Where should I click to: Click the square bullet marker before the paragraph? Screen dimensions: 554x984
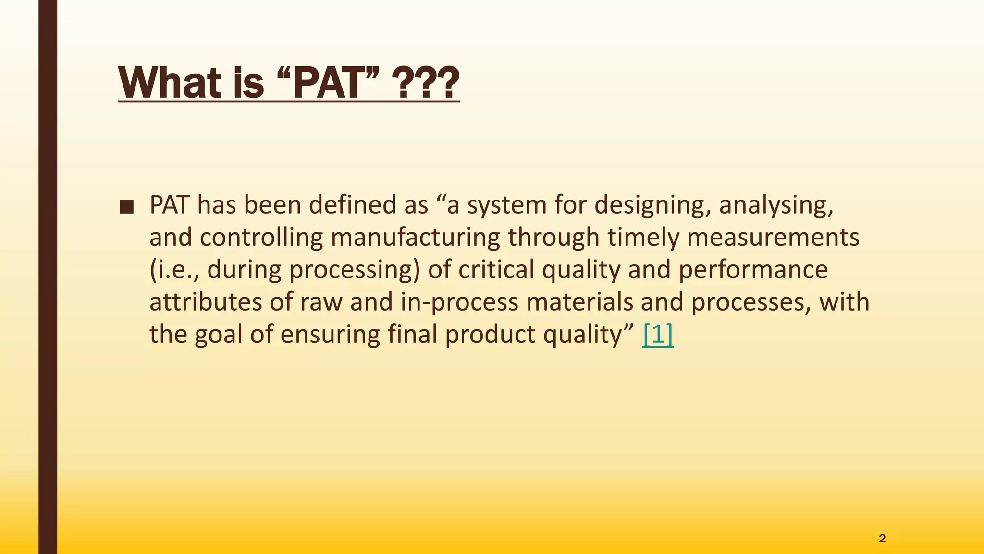(x=127, y=207)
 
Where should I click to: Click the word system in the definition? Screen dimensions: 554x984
(x=507, y=205)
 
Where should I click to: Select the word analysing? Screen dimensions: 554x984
(x=775, y=205)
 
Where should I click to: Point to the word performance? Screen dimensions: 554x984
(x=753, y=269)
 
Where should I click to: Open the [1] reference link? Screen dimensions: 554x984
(x=657, y=335)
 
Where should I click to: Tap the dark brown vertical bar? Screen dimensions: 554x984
(x=48, y=277)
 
